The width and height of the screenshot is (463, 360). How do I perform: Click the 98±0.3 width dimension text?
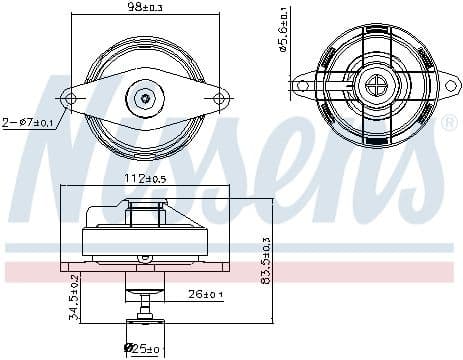tap(146, 8)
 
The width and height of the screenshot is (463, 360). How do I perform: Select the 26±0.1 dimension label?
tap(208, 294)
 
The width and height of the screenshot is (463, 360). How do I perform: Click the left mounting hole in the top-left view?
tap(70, 98)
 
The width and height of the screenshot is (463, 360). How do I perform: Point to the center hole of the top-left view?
tap(146, 98)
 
